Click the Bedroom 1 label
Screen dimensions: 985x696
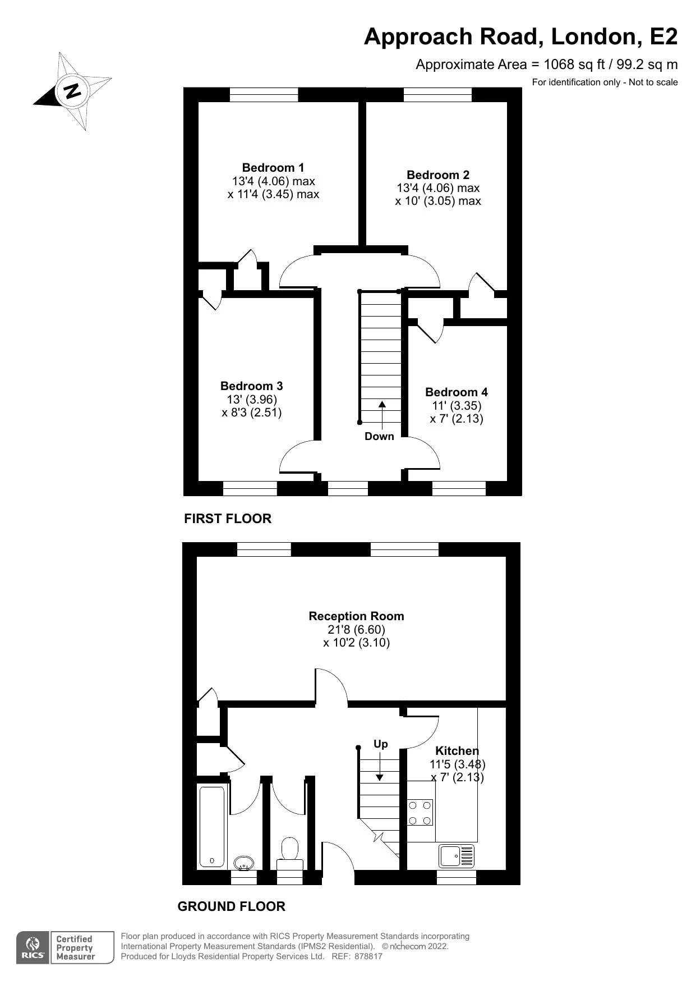(273, 167)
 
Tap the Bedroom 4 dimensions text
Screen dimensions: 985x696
(456, 412)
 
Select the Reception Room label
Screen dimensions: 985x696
(356, 616)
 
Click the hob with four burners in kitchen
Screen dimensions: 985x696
(420, 812)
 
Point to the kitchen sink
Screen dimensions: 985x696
(457, 856)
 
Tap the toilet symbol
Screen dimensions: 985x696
(290, 854)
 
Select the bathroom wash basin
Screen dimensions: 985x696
(243, 863)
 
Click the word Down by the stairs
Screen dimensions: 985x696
(379, 436)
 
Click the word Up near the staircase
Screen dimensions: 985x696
(380, 744)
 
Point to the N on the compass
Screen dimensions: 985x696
(72, 90)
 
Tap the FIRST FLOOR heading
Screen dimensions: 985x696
(228, 518)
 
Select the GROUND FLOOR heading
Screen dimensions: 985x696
(231, 906)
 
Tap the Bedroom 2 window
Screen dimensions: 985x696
(437, 94)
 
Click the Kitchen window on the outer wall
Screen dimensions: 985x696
(456, 877)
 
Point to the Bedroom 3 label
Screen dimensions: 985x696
(251, 386)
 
